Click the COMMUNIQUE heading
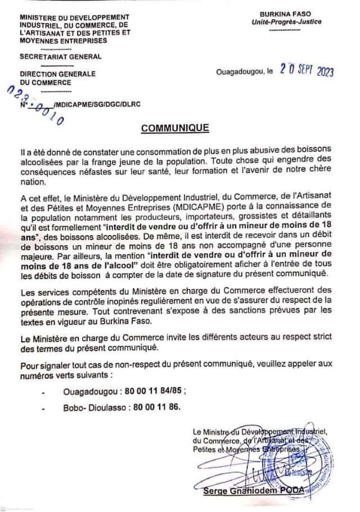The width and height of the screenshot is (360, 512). (175, 128)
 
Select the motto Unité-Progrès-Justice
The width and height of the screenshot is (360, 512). (287, 22)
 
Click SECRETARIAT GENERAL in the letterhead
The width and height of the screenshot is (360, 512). (61, 57)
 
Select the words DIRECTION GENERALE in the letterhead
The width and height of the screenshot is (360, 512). (57, 74)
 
